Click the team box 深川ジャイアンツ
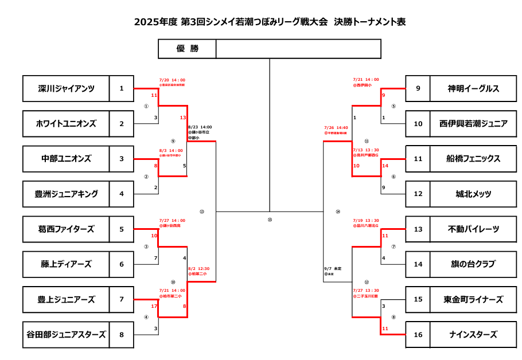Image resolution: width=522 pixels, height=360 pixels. (66, 88)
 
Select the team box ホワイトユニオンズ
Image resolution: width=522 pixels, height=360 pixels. (66, 123)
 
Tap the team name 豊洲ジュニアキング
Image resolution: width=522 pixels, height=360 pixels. (66, 194)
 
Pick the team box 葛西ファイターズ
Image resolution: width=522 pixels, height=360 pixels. (66, 229)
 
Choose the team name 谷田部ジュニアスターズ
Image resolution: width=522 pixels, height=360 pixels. (66, 335)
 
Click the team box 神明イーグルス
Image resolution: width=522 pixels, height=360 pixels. (473, 88)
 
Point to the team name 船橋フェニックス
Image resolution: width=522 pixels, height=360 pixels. (473, 159)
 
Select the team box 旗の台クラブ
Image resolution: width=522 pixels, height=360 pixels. (473, 264)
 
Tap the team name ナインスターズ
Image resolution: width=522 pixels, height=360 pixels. (473, 335)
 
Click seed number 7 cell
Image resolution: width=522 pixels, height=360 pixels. (122, 300)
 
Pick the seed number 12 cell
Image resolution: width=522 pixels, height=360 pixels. (418, 194)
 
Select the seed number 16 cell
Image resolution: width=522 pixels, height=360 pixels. (418, 335)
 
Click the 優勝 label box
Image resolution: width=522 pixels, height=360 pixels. (187, 49)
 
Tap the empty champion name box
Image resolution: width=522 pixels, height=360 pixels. (298, 49)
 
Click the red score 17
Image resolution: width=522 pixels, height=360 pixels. (154, 306)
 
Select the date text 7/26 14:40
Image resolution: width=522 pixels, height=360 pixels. (336, 128)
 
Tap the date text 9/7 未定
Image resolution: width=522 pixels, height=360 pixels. (332, 268)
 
